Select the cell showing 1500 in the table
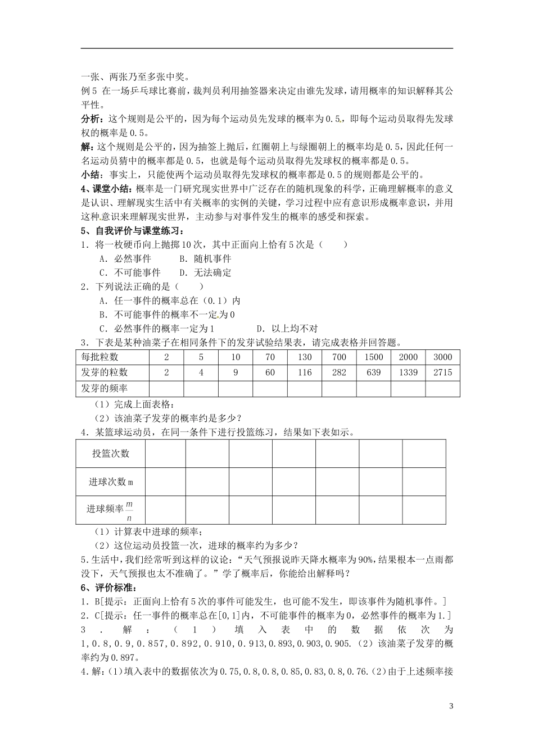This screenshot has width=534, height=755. (373, 357)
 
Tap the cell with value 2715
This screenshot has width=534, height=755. (442, 372)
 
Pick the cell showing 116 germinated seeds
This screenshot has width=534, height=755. (304, 372)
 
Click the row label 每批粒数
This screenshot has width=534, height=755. (100, 357)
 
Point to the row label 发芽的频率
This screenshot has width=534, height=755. (104, 388)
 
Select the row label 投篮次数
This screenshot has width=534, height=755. (111, 453)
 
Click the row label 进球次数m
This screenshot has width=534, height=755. (111, 482)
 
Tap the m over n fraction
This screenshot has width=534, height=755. (129, 511)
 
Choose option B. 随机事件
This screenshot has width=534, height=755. (205, 259)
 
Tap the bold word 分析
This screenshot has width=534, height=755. (90, 119)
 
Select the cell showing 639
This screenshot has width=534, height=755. (373, 372)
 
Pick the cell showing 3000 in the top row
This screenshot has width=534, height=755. (442, 357)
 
